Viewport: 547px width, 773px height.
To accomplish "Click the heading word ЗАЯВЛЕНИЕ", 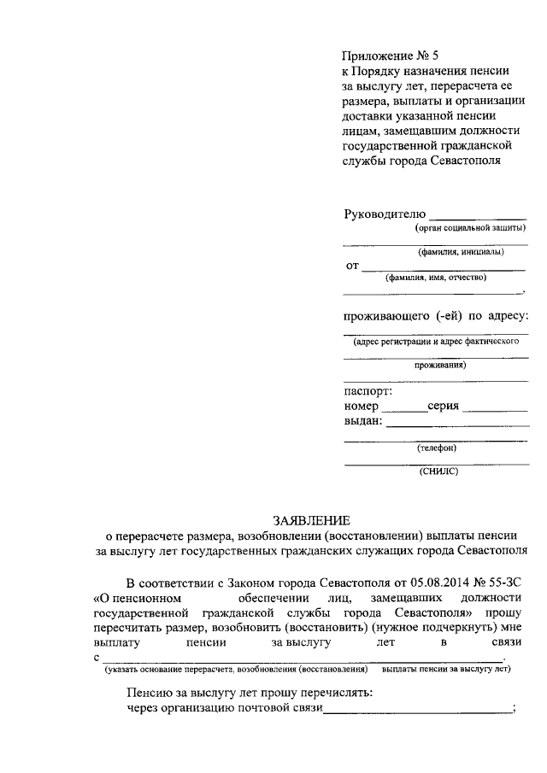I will click(312, 520).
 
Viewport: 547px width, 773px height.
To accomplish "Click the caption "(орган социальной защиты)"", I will click(471, 228).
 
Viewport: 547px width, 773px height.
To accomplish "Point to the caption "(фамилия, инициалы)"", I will click(461, 252).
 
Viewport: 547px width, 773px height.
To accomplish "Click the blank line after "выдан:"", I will click(457, 424).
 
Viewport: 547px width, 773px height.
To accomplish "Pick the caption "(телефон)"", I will click(437, 448).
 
